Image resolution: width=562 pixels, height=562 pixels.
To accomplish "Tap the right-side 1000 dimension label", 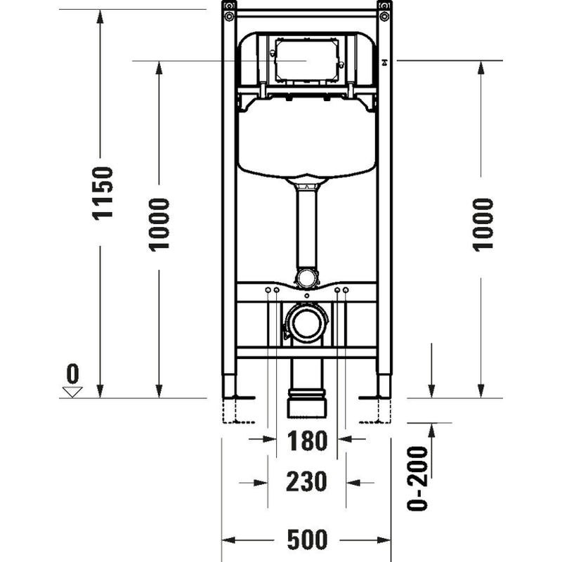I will [483, 223].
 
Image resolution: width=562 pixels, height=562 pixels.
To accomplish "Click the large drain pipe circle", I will [306, 324].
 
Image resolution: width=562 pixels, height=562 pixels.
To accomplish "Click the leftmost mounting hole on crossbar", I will [268, 290].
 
